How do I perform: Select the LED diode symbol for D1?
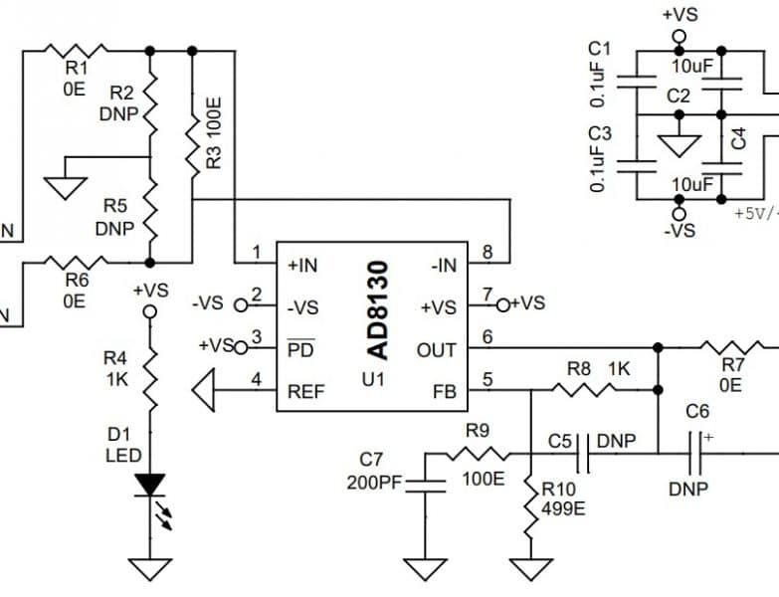(150, 486)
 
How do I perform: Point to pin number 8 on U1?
(487, 253)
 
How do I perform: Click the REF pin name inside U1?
(306, 391)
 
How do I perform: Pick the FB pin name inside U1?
(444, 391)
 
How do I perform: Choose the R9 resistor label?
(481, 431)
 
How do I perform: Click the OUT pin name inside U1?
(438, 349)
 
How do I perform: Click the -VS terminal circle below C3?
(680, 212)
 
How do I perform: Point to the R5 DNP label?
(115, 217)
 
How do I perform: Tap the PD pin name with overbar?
(300, 349)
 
